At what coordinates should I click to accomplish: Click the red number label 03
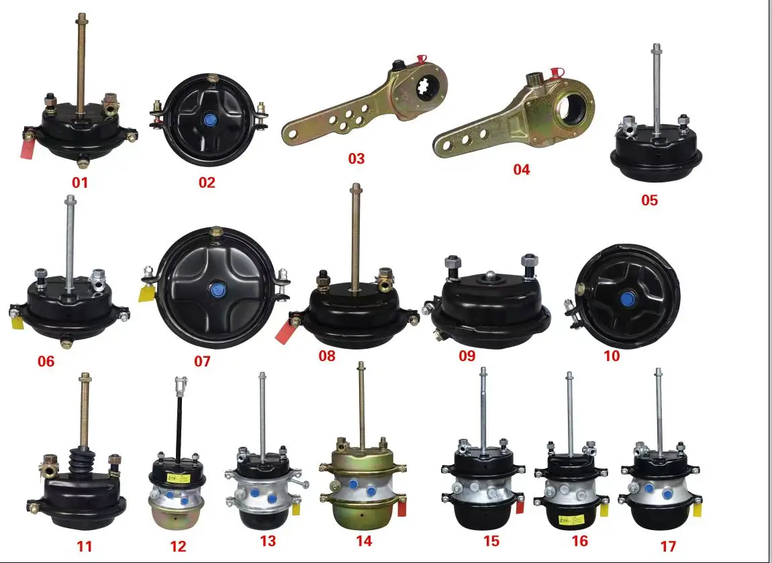point(356,158)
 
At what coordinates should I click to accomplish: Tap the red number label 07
point(202,361)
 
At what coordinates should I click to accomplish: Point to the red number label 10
point(612,356)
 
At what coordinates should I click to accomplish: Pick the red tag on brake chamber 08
point(285,331)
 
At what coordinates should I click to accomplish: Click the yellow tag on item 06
point(19,322)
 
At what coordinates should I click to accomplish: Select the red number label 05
point(649,200)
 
